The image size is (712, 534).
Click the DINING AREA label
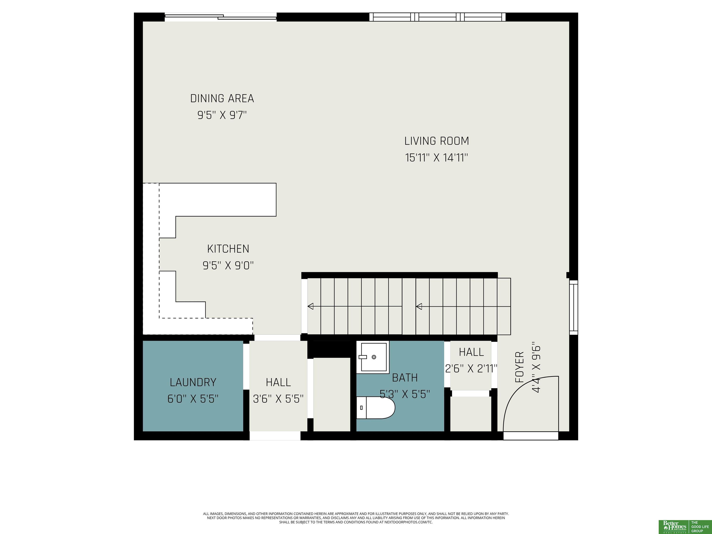click(x=222, y=99)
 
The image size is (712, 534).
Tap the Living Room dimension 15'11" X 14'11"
click(x=436, y=158)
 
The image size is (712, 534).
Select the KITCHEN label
click(x=228, y=249)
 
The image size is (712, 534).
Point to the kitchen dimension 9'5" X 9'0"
click(x=228, y=266)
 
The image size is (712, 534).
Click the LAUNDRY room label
click(x=193, y=382)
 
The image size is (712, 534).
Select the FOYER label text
click(x=520, y=367)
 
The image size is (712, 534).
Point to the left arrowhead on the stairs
click(x=311, y=306)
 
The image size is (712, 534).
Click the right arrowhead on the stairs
click(x=419, y=306)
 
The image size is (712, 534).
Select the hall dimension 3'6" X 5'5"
click(x=278, y=399)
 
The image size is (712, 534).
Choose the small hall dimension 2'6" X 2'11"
click(x=471, y=369)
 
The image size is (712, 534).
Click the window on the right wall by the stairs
click(x=574, y=307)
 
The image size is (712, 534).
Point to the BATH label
click(x=405, y=378)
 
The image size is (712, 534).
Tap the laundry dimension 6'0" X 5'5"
click(x=193, y=399)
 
